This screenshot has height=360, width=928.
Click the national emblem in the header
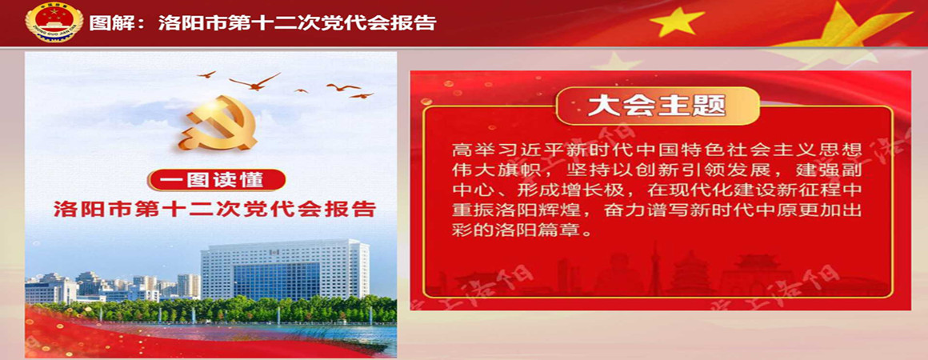(x=54, y=22)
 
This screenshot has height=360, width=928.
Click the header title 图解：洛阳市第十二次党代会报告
(x=262, y=23)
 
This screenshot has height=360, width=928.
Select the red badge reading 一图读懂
(x=217, y=180)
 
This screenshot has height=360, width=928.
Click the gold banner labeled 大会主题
(x=658, y=106)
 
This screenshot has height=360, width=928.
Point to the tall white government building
(x=285, y=270)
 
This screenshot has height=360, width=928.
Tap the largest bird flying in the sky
(x=254, y=82)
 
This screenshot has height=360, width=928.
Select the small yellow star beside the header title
(x=677, y=22)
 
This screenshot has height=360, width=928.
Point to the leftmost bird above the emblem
(x=206, y=74)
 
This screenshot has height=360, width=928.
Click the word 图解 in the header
(x=106, y=23)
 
